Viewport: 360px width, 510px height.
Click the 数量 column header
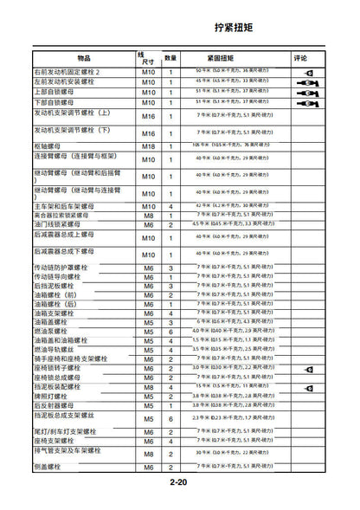tap(171, 57)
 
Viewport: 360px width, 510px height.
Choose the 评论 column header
tap(302, 57)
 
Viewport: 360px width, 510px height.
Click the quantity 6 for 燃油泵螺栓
tap(171, 331)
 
